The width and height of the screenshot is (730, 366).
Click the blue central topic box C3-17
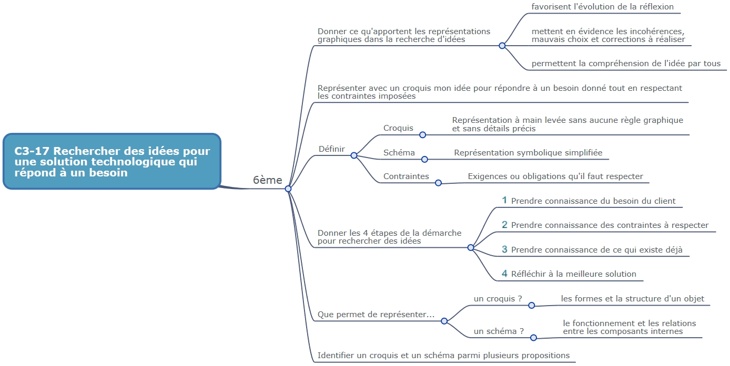(112, 161)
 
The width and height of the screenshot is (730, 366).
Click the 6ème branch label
(268, 180)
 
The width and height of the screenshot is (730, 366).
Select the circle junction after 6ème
(288, 189)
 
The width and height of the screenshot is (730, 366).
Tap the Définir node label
(332, 149)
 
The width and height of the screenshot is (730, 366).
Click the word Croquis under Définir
(398, 128)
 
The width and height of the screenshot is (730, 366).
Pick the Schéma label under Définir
(399, 153)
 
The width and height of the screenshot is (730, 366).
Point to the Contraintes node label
(406, 176)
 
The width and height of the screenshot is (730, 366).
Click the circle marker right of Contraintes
(438, 183)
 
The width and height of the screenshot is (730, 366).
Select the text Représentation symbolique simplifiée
(528, 153)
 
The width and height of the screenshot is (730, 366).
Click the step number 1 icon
(504, 200)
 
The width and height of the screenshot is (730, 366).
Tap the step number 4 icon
(504, 273)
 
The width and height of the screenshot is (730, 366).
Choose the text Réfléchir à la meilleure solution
(574, 274)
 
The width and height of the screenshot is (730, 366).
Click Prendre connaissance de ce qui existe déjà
(597, 249)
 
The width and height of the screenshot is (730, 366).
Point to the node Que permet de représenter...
(376, 315)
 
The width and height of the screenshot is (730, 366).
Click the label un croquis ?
(498, 299)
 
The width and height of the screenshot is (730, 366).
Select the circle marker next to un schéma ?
(533, 338)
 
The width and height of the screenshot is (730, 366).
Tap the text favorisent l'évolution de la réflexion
(603, 6)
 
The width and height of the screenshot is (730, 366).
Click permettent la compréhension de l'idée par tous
(626, 64)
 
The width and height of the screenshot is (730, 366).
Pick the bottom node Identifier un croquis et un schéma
(443, 355)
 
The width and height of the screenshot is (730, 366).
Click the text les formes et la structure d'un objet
(633, 299)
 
